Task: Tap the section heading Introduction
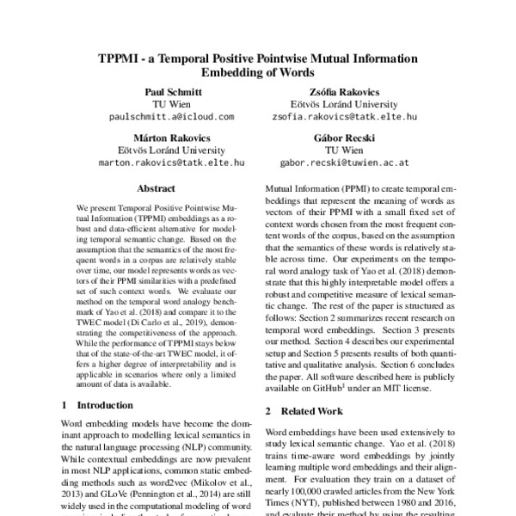coord(105,404)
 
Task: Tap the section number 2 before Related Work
coord(269,412)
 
